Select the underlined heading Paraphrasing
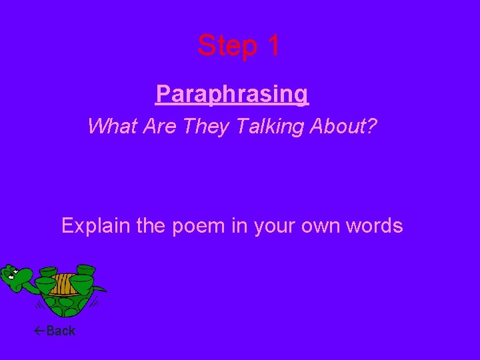pyautogui.click(x=232, y=94)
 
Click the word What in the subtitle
pyautogui.click(x=113, y=125)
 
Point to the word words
pyautogui.click(x=376, y=226)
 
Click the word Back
pyautogui.click(x=61, y=331)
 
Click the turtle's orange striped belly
pyautogui.click(x=62, y=284)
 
